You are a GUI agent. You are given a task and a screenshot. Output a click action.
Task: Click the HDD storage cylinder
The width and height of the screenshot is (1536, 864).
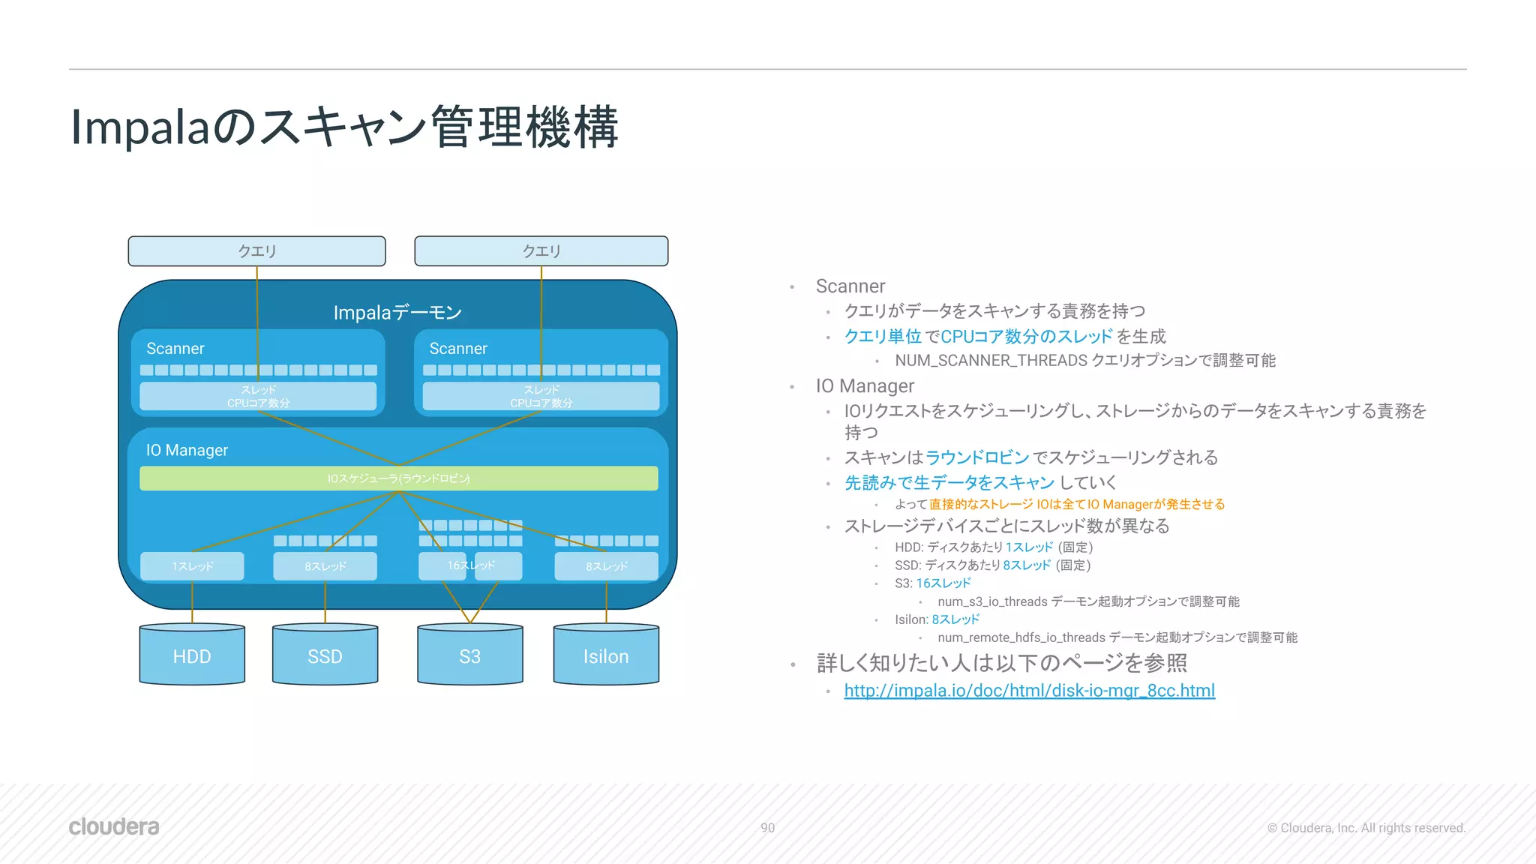tap(192, 655)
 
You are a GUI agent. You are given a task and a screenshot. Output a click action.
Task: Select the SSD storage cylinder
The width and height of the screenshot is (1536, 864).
tap(325, 655)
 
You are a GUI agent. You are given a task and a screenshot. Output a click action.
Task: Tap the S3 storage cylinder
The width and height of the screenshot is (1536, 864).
tap(469, 655)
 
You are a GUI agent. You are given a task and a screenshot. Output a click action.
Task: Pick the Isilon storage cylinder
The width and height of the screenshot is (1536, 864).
tap(606, 655)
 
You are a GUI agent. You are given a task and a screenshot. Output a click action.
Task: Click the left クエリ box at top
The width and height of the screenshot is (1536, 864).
tap(256, 251)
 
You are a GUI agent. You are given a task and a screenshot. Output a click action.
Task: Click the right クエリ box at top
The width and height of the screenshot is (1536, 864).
tap(541, 251)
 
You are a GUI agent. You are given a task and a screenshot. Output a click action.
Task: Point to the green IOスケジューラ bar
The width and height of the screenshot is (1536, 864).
tap(398, 478)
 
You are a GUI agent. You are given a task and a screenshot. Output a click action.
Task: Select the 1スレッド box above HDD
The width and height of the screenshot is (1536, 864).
tap(192, 566)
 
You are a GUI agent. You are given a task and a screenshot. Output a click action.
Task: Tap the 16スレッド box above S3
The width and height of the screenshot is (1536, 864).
tap(470, 565)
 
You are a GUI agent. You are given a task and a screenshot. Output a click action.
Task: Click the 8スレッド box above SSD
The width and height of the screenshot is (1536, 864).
tap(325, 566)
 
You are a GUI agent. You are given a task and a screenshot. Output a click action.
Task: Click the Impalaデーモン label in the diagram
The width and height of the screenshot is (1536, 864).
tap(397, 313)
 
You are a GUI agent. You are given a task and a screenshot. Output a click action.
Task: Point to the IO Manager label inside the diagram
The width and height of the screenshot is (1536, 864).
tap(187, 450)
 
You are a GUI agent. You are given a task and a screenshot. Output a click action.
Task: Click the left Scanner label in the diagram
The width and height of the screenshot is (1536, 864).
tap(175, 349)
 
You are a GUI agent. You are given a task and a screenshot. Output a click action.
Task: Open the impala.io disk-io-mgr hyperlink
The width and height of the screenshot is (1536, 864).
tap(1029, 691)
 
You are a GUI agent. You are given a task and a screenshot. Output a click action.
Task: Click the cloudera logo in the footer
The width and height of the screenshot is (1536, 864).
tap(114, 826)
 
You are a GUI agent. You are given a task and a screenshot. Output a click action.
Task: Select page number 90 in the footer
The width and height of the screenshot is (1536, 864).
tap(767, 828)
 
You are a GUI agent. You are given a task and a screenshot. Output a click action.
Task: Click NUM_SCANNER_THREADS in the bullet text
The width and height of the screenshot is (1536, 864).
tap(991, 361)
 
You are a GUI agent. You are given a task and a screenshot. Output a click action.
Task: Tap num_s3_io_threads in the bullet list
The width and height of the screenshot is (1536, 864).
tap(992, 601)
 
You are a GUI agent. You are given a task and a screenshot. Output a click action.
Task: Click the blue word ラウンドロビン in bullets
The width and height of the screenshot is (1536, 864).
tap(977, 457)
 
